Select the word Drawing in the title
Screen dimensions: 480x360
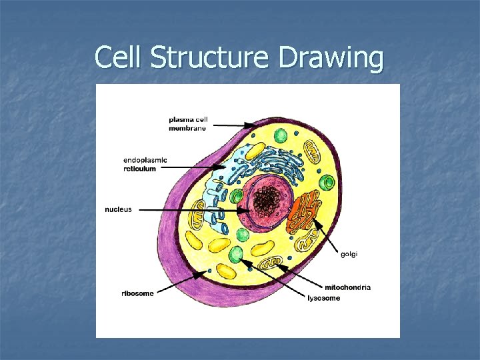(331, 59)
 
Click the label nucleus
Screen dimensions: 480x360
(118, 209)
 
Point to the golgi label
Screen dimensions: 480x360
(350, 254)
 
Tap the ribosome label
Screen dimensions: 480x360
(138, 293)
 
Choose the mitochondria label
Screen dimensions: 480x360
(348, 287)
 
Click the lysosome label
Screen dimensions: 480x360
(323, 298)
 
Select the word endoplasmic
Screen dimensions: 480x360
(145, 160)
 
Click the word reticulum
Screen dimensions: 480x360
(140, 169)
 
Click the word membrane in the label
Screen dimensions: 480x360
(187, 128)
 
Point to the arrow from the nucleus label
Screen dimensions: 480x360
(193, 210)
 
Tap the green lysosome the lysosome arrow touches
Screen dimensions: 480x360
(236, 255)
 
